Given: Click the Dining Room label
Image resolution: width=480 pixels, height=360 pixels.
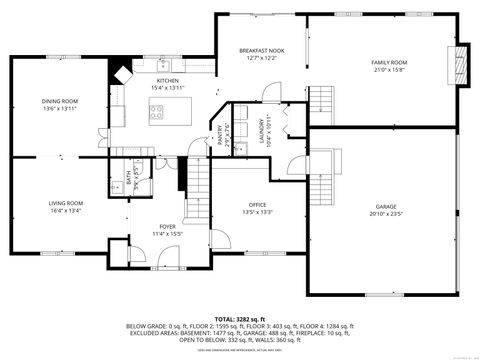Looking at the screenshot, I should pyautogui.click(x=59, y=100).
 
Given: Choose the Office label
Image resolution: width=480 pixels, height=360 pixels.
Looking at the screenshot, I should pyautogui.click(x=257, y=204).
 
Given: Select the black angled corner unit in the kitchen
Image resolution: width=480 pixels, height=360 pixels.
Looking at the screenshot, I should pyautogui.click(x=122, y=73).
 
